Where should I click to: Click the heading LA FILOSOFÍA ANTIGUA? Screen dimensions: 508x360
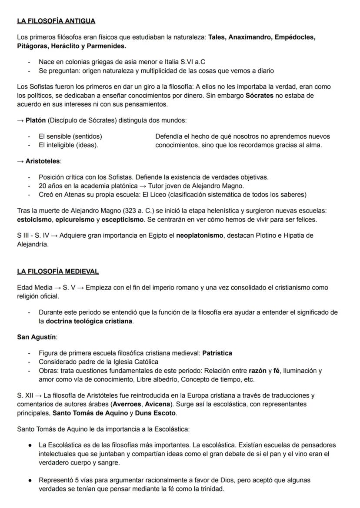coord(56,21)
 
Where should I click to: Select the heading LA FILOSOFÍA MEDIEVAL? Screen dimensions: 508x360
coord(58,272)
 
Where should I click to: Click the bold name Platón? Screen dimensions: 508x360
coord(36,120)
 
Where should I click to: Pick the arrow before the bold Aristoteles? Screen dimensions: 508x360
coord(20,161)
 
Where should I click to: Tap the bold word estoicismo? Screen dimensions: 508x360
coord(34,219)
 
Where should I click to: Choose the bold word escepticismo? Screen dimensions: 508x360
coord(123,219)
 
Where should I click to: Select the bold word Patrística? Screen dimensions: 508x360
coord(217,353)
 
